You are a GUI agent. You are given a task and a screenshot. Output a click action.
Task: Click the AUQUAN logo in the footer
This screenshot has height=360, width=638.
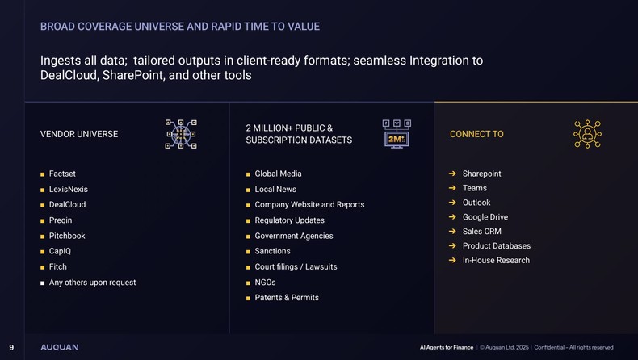[x=60, y=347]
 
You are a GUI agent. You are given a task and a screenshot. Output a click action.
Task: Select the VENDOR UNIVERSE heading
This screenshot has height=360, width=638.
[x=79, y=134]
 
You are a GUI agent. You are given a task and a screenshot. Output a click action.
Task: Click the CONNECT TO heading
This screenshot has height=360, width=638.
[x=476, y=134]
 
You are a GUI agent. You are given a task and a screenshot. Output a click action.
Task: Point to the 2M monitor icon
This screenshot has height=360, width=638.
[x=396, y=134]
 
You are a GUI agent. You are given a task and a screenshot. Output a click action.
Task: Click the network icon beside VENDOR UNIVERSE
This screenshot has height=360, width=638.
[x=181, y=134]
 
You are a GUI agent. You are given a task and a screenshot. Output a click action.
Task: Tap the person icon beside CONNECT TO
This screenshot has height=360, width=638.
[x=587, y=134]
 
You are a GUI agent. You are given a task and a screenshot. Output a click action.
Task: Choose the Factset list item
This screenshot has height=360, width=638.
[x=62, y=174]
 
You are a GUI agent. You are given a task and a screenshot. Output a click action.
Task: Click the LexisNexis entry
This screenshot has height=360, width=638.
[x=68, y=190]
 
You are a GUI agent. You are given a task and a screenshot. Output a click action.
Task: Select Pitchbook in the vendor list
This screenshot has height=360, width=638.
[x=67, y=236]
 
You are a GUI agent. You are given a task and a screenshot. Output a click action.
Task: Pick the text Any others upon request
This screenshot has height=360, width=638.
[x=92, y=283]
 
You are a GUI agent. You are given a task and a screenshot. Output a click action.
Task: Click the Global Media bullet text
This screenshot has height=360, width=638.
[x=278, y=174]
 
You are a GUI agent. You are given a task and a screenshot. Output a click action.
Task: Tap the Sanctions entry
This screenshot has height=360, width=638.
[x=272, y=251]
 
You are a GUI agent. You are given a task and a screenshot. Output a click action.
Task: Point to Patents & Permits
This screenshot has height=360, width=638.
[x=287, y=298]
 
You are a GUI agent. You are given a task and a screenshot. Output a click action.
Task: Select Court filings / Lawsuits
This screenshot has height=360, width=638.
[x=296, y=266]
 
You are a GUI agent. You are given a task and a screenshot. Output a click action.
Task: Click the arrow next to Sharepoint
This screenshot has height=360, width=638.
[x=453, y=174]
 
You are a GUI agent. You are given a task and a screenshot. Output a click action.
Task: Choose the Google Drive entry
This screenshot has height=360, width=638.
[x=485, y=217]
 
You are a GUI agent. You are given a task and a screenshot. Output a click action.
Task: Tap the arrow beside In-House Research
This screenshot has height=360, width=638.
[x=453, y=260]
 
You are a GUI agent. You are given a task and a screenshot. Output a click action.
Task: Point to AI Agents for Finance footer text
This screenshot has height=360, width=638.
[x=447, y=347]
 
